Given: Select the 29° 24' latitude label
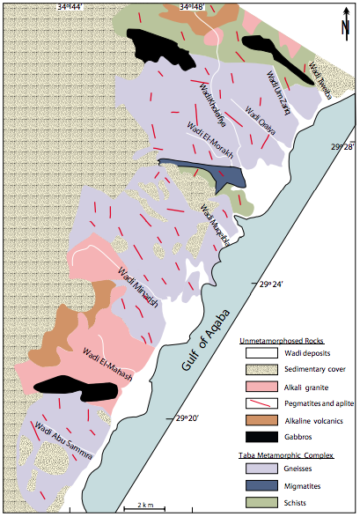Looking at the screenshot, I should click(274, 284).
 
